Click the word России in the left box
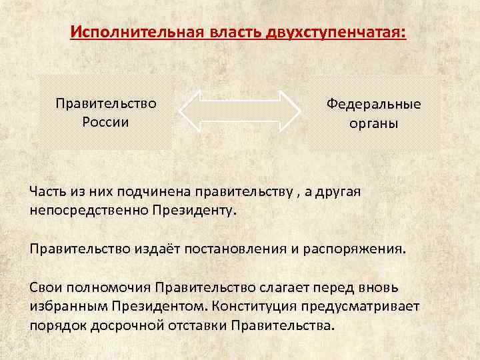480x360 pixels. (x=105, y=122)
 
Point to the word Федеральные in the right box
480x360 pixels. (x=373, y=105)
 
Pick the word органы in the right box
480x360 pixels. (x=373, y=125)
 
